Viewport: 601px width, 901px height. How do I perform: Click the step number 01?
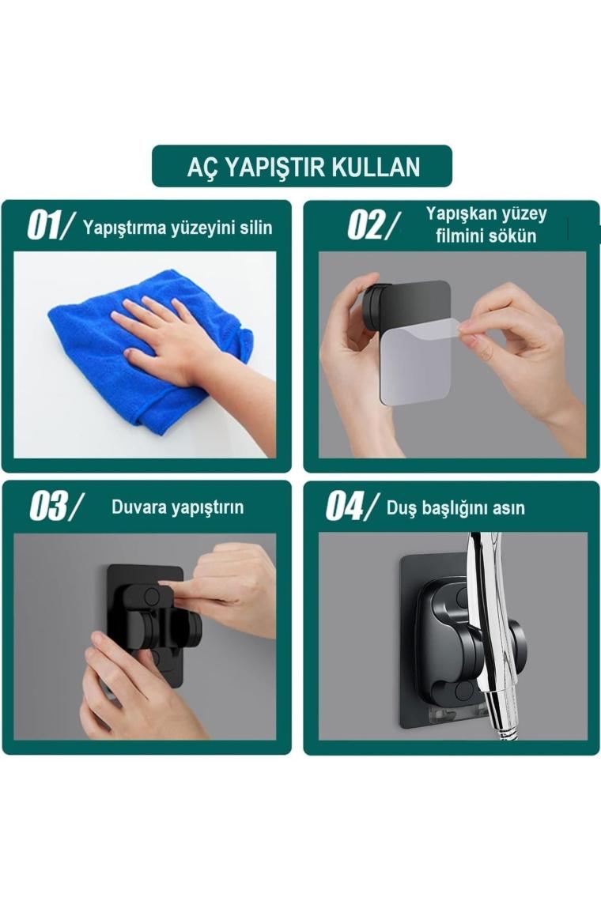pos(43,225)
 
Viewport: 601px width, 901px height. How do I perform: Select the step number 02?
pos(365,225)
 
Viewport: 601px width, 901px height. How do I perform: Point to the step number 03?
pos(47,507)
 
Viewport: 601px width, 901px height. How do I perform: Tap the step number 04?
pos(345,507)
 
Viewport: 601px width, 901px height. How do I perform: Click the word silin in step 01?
pos(256,228)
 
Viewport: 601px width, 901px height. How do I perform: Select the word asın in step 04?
pos(510,508)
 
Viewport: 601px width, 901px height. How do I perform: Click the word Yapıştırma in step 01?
pos(124,228)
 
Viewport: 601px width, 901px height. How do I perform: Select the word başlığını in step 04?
pos(455,508)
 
